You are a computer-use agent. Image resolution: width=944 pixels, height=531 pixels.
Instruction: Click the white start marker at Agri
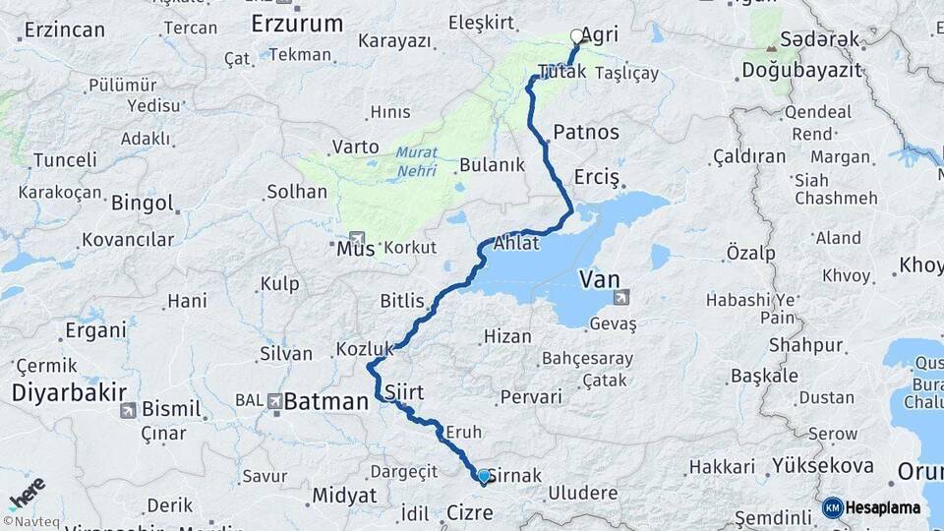576,36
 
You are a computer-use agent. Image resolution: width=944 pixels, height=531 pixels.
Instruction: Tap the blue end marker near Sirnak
483,477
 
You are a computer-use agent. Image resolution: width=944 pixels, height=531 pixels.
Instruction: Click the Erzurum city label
297,23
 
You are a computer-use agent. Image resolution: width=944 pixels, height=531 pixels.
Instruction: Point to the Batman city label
324,400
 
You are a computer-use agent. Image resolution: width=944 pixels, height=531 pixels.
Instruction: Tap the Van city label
600,279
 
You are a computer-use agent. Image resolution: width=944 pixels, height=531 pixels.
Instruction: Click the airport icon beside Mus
355,238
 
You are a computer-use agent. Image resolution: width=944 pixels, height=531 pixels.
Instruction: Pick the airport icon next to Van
620,297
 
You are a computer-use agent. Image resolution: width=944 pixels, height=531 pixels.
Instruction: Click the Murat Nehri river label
417,162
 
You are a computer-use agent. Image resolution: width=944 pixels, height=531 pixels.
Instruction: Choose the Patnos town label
586,132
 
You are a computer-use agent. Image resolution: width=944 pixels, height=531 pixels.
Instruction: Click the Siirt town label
404,392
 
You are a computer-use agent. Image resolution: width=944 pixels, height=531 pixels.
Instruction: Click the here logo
27,493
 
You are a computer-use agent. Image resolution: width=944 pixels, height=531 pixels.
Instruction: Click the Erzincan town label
64,29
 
